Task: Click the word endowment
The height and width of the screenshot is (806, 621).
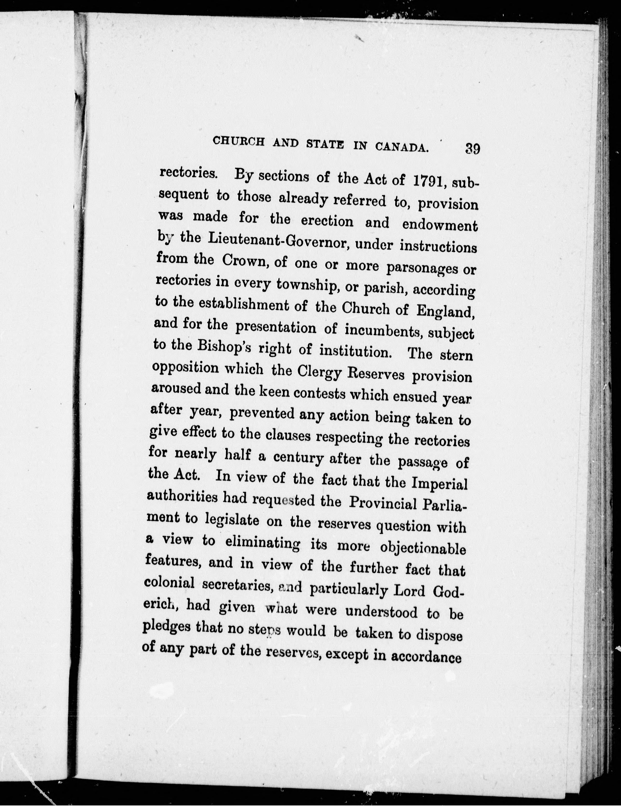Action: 440,225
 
